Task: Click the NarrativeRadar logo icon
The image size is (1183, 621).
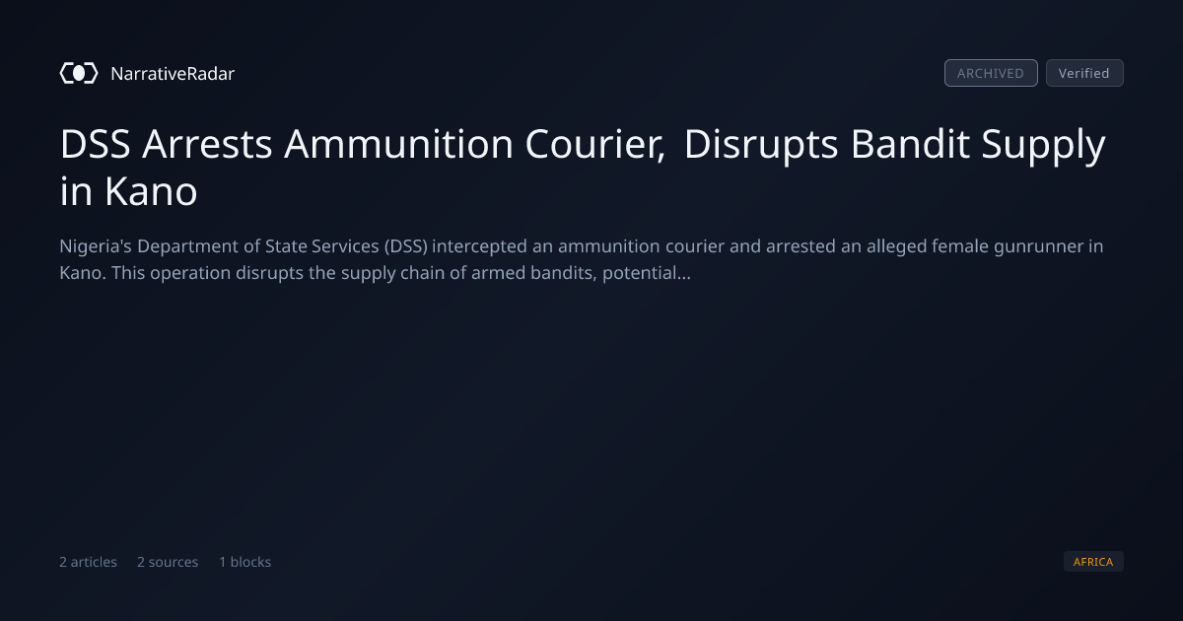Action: (x=79, y=73)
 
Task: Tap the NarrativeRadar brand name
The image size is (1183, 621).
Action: (x=173, y=73)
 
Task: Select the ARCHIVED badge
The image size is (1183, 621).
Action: (x=991, y=73)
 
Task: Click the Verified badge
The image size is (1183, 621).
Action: (x=1084, y=73)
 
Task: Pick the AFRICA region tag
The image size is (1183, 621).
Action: (x=1093, y=561)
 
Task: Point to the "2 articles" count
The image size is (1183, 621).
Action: (x=88, y=562)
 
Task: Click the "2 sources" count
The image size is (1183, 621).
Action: (x=168, y=562)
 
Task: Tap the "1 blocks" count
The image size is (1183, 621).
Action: (x=245, y=562)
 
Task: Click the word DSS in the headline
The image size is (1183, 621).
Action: (x=95, y=144)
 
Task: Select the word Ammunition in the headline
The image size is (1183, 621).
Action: (x=398, y=144)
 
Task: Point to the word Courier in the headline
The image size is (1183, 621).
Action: (x=595, y=145)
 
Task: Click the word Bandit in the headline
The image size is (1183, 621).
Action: (x=910, y=144)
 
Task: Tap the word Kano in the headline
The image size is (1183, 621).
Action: (x=151, y=191)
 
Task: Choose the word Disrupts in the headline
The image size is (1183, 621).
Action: (x=761, y=145)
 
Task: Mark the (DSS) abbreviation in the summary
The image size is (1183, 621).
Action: (x=405, y=246)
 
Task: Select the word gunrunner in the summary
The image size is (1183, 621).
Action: (x=1038, y=246)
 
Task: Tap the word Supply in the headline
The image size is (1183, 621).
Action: (x=1044, y=145)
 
